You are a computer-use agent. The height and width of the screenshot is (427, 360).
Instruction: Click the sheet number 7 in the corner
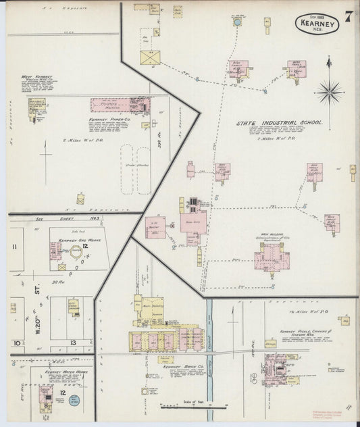point(346,16)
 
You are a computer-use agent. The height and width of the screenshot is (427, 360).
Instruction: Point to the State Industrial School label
point(279,124)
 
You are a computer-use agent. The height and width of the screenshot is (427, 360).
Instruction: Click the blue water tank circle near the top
point(237,22)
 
